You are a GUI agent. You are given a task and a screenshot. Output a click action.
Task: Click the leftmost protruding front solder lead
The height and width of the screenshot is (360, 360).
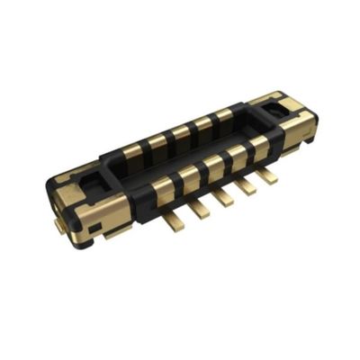pyautogui.click(x=174, y=212)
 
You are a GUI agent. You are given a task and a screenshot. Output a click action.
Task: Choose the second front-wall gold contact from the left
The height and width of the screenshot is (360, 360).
pyautogui.click(x=190, y=176)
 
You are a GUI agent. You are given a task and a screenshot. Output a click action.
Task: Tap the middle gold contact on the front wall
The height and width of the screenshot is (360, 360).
pyautogui.click(x=214, y=165)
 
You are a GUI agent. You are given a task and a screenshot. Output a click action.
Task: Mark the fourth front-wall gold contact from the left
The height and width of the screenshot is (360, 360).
pyautogui.click(x=238, y=154)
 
